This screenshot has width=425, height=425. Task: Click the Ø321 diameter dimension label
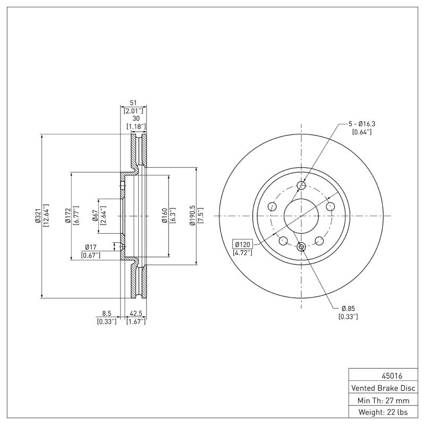pyautogui.click(x=38, y=216)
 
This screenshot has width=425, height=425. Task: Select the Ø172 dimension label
pyautogui.click(x=67, y=216)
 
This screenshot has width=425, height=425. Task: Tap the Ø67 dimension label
pyautogui.click(x=95, y=216)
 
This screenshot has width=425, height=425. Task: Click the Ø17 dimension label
pyautogui.click(x=90, y=246)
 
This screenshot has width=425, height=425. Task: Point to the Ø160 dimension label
pyautogui.click(x=165, y=216)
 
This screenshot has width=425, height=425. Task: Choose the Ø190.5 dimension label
pyautogui.click(x=192, y=216)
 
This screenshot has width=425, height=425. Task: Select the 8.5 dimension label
pyautogui.click(x=106, y=314)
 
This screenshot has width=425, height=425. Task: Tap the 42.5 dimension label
pyautogui.click(x=135, y=314)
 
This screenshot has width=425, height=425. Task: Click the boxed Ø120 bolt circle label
pyautogui.click(x=243, y=245)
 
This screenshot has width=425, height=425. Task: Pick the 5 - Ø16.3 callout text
pyautogui.click(x=362, y=124)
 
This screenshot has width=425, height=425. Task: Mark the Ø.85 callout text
pyautogui.click(x=348, y=309)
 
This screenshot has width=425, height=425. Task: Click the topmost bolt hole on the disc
pyautogui.click(x=301, y=185)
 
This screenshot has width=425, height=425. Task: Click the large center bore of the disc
pyautogui.click(x=301, y=216)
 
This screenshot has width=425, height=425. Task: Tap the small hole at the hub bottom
pyautogui.click(x=301, y=246)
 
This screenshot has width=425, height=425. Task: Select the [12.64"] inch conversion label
pyautogui.click(x=46, y=216)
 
